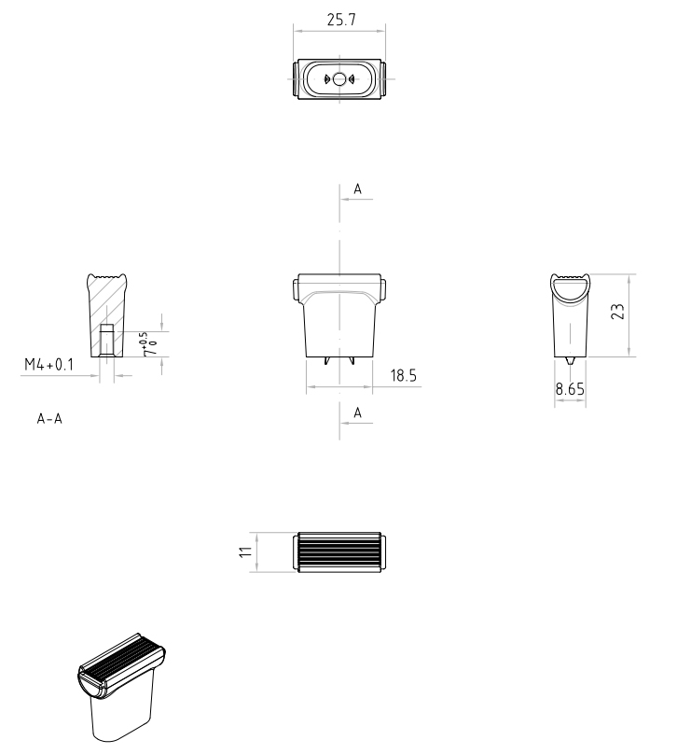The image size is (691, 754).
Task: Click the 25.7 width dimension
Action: pyautogui.click(x=341, y=20)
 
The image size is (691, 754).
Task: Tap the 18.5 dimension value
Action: pyautogui.click(x=403, y=375)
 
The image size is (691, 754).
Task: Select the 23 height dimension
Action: pyautogui.click(x=618, y=312)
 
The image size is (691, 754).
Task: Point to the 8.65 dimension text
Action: pyautogui.click(x=570, y=388)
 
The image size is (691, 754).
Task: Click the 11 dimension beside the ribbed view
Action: pyautogui.click(x=245, y=552)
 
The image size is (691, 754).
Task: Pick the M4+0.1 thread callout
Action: pyautogui.click(x=49, y=365)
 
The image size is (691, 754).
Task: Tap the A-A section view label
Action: pyautogui.click(x=49, y=419)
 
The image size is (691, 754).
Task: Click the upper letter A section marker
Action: pyautogui.click(x=357, y=189)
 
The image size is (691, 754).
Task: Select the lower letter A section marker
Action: pyautogui.click(x=357, y=412)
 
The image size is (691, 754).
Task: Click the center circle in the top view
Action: pyautogui.click(x=339, y=79)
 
